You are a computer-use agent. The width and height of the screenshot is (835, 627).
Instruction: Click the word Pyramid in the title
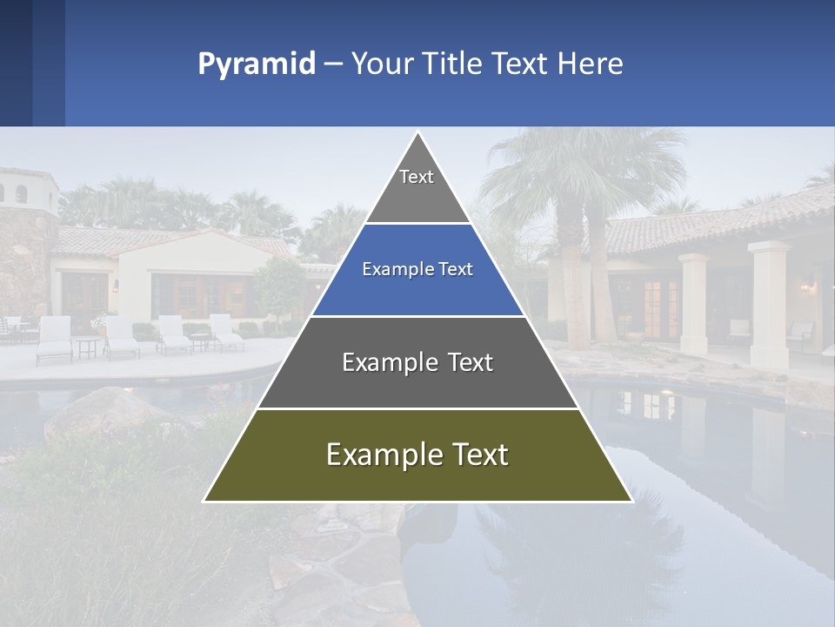tap(256, 64)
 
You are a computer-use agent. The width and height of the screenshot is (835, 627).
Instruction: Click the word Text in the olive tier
tap(478, 455)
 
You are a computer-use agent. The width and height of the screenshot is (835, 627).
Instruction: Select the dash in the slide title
tap(333, 64)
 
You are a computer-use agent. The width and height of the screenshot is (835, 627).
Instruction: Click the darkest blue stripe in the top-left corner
tap(16, 63)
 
